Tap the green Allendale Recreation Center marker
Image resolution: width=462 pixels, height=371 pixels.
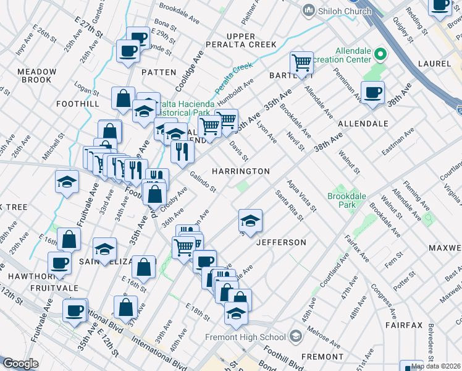coord(380,54)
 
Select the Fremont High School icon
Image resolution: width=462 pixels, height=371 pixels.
coord(295,337)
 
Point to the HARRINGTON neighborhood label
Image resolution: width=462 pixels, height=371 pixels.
coord(241,171)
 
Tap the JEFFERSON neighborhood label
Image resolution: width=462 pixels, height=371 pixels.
coord(281,242)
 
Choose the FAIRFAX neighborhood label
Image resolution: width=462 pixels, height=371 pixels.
coord(403,325)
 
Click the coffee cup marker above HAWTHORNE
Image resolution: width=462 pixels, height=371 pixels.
coord(59,262)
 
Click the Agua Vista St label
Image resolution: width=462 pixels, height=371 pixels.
coord(301,194)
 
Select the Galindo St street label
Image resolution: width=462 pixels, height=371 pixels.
coord(203,181)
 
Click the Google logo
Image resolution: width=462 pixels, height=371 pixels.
coord(20,364)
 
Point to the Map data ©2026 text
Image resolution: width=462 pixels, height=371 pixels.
coord(435,366)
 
